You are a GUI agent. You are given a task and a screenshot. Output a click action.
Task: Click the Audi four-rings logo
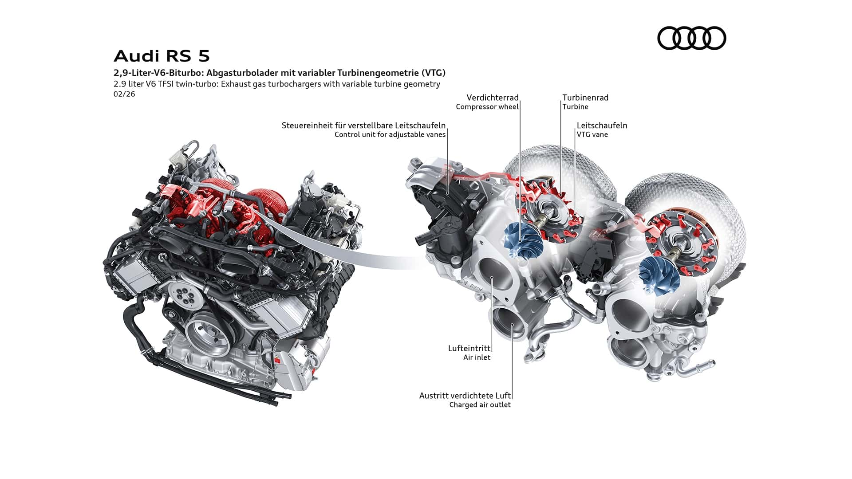(x=691, y=38)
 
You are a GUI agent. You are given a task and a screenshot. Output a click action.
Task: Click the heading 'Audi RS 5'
(x=162, y=56)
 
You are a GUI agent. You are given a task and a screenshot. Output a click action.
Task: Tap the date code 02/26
(x=124, y=94)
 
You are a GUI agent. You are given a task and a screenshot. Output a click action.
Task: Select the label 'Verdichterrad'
(x=492, y=98)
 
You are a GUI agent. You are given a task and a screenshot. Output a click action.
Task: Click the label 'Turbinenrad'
(x=585, y=98)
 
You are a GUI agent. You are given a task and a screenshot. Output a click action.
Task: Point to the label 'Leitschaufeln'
(x=602, y=126)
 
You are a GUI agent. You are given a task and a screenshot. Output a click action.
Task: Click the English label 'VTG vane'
(x=592, y=135)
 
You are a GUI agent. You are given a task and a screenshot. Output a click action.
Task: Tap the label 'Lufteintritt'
(x=469, y=349)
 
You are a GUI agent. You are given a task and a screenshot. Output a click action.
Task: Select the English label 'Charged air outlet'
(x=480, y=405)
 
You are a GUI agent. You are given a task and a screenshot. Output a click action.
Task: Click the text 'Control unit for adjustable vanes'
(x=390, y=135)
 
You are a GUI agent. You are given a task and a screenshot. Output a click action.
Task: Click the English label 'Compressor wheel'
(x=487, y=107)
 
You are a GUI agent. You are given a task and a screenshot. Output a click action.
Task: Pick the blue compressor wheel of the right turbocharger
(x=659, y=275)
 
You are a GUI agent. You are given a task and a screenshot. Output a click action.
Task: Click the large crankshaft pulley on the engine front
(x=207, y=335)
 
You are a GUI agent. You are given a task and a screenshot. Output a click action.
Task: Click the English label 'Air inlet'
(x=477, y=357)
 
